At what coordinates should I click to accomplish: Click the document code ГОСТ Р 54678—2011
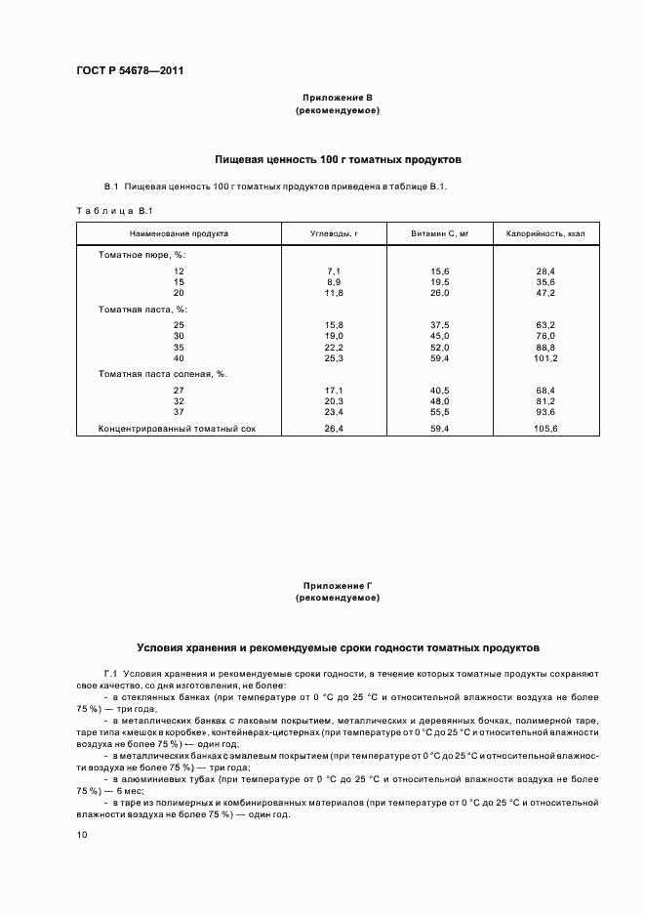pos(129,71)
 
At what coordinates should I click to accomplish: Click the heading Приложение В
pos(337,98)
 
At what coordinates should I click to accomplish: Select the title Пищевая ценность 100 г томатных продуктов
pos(337,158)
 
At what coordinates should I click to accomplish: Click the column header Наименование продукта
pos(179,234)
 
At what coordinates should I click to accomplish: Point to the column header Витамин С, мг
pos(440,234)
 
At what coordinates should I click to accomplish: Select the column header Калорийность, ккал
pos(544,234)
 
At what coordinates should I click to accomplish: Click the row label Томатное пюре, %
pos(141,255)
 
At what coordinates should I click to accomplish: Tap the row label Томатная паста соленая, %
pos(163,374)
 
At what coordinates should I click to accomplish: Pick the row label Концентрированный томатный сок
pos(177,428)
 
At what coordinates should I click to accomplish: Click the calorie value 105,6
pos(544,428)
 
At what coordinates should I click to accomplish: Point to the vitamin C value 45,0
pos(440,336)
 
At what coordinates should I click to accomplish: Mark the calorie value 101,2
pos(544,357)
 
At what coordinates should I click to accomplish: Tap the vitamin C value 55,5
pos(440,411)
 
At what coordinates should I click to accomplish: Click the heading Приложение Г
pos(337,585)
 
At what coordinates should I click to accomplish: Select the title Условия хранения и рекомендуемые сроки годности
pos(337,647)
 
